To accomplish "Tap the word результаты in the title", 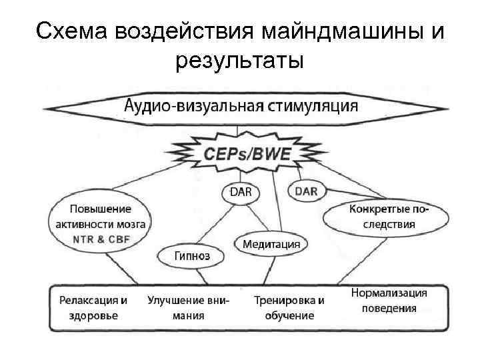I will [x=240, y=61].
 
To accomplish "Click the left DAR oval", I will [x=241, y=192].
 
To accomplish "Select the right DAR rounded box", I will [x=306, y=191].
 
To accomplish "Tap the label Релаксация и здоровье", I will [x=93, y=307].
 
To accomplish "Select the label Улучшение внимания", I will [x=188, y=307].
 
